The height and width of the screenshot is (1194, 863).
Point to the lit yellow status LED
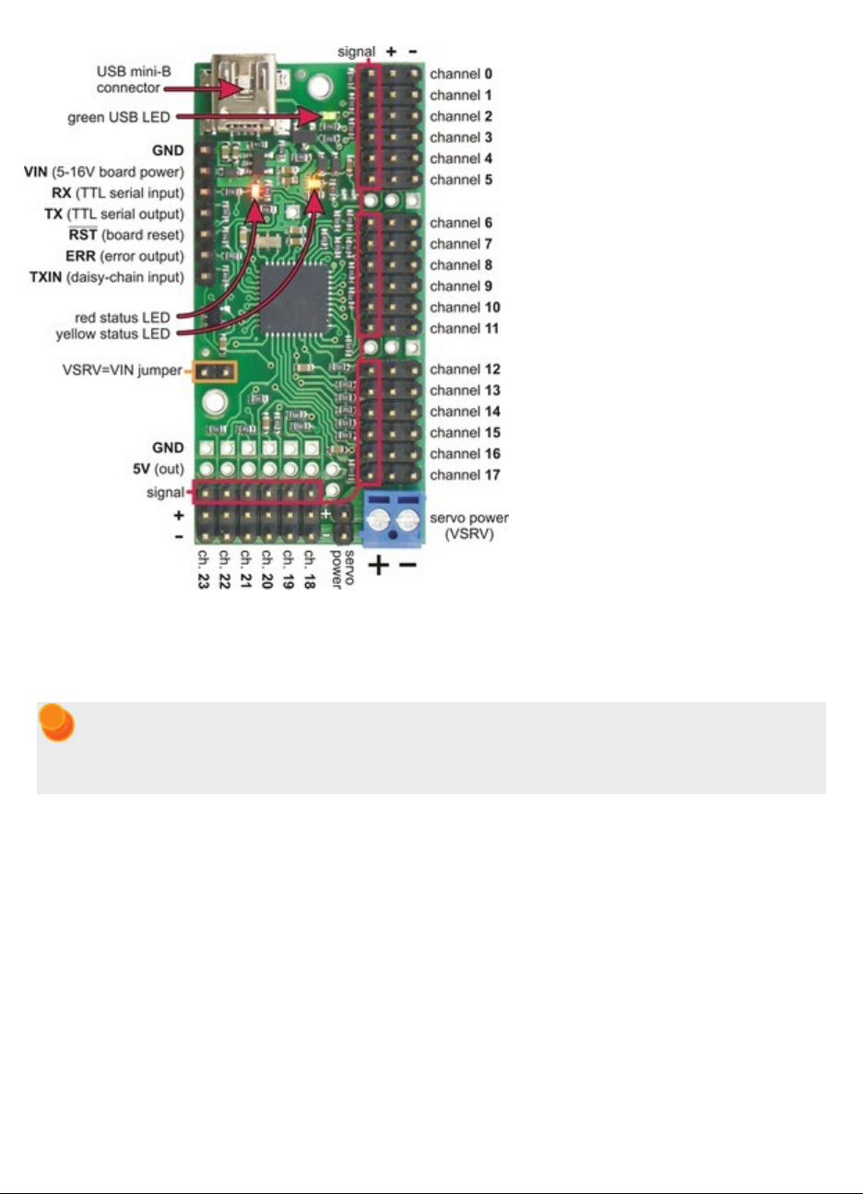click(x=315, y=182)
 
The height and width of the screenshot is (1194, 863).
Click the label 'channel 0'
click(x=461, y=74)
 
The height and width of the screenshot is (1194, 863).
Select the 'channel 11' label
click(x=465, y=329)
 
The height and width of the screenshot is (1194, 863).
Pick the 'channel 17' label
click(x=465, y=475)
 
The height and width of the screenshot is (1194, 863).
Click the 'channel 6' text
click(x=461, y=223)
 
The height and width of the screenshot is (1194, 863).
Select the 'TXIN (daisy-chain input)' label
click(x=106, y=277)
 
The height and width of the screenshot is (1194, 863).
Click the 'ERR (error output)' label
click(x=124, y=256)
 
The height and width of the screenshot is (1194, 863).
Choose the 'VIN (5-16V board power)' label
click(x=103, y=172)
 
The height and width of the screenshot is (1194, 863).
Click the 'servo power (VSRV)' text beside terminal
click(x=468, y=526)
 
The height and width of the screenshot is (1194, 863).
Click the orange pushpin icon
click(x=56, y=724)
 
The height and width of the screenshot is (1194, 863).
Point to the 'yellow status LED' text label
click(x=112, y=334)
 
